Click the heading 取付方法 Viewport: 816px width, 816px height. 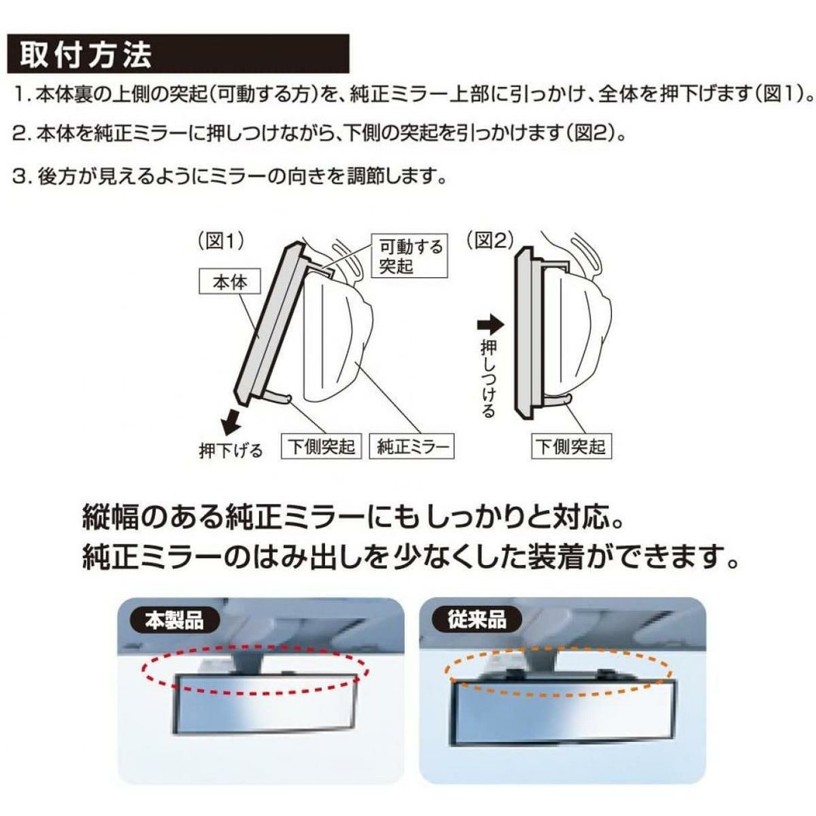pos(86,54)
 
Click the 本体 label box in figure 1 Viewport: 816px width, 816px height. pos(230,282)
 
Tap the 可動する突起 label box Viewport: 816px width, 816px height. pos(410,255)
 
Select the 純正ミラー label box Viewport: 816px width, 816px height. pos(412,446)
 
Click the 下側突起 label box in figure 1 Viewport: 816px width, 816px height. pos(321,446)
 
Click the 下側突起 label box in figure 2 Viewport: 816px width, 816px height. pos(571,446)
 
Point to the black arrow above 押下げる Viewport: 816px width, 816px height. pos(230,422)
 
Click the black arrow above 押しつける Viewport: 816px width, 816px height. pos(490,326)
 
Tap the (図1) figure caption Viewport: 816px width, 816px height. pos(221,242)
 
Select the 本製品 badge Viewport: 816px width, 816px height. pos(175,620)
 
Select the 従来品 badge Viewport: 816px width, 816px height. pos(476,620)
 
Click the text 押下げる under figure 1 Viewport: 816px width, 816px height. pos(231,450)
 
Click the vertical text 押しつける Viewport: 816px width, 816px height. pos(488,378)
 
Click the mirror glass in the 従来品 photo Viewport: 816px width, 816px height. pos(564,712)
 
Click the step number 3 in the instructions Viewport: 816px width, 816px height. pos(19,177)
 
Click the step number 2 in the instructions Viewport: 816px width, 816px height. pos(19,134)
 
